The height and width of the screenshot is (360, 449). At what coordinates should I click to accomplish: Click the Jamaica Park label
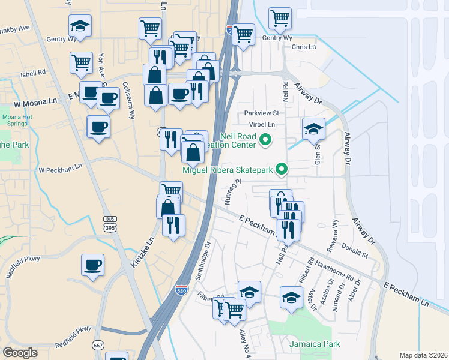pyautogui.click(x=315, y=344)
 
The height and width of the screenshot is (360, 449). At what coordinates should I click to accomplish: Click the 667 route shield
pyautogui.click(x=98, y=344)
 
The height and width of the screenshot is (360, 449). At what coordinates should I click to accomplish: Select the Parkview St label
pyautogui.click(x=262, y=113)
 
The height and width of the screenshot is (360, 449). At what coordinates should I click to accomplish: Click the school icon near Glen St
pyautogui.click(x=313, y=128)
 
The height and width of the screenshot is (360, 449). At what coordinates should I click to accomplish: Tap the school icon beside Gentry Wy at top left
pyautogui.click(x=80, y=26)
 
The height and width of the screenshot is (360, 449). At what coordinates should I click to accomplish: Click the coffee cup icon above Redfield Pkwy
pyautogui.click(x=93, y=264)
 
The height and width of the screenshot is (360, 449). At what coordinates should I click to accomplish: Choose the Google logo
pyautogui.click(x=20, y=353)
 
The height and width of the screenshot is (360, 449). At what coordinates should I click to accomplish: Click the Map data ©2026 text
pyautogui.click(x=424, y=355)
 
